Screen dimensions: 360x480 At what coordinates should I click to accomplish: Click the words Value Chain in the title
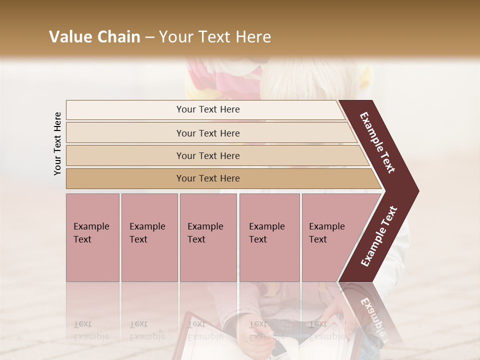pyautogui.click(x=94, y=37)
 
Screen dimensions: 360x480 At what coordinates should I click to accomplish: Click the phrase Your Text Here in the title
pyautogui.click(x=215, y=37)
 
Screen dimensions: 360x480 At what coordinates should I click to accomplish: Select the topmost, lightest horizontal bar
pyautogui.click(x=207, y=110)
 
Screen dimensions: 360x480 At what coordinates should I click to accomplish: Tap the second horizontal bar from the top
pyautogui.click(x=207, y=133)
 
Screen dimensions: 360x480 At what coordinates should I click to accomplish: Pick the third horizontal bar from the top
pyautogui.click(x=207, y=155)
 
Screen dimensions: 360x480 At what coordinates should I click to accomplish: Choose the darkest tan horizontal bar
pyautogui.click(x=207, y=178)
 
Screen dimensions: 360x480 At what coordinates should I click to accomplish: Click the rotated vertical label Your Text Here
pyautogui.click(x=57, y=143)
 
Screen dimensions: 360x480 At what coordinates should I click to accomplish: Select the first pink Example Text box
pyautogui.click(x=92, y=237)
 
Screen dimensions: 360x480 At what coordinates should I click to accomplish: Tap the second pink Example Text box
pyautogui.click(x=149, y=237)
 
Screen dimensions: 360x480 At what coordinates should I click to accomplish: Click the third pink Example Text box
pyautogui.click(x=208, y=237)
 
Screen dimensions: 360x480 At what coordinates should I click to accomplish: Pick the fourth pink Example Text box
pyautogui.click(x=269, y=237)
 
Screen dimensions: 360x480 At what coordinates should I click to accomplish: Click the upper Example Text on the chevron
pyautogui.click(x=377, y=142)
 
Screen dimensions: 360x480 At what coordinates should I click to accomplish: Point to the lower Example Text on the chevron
pyautogui.click(x=379, y=236)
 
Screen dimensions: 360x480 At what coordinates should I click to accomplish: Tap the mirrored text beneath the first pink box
pyautogui.click(x=91, y=330)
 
